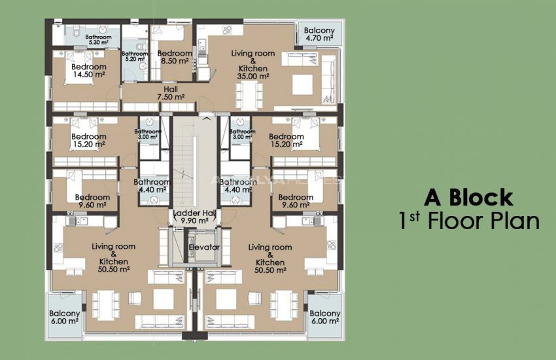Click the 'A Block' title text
coord(468,197)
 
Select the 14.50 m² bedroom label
coord(88,71)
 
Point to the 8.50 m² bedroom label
coord(175,57)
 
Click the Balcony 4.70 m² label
coord(320,35)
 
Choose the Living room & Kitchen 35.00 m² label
coord(253,64)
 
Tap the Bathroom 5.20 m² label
coord(135,56)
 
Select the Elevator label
coord(204,247)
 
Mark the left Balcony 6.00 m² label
coord(65,317)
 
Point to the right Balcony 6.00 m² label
coord(324,317)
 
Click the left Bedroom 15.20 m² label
coord(88,140)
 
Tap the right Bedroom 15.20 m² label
coord(286,140)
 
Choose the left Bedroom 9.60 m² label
coord(92,200)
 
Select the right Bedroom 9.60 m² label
coord(295,200)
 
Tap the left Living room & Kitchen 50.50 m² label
coord(113,257)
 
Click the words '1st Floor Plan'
coord(469,221)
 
